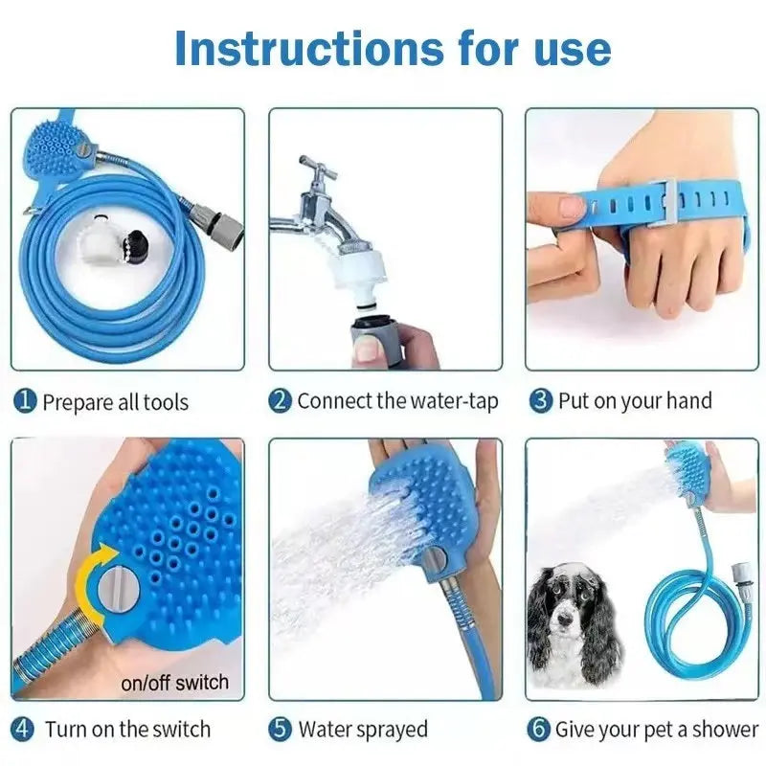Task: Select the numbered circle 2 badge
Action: [281, 400]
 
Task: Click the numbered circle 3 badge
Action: [541, 400]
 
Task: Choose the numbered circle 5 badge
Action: [281, 729]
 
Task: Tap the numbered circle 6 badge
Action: [541, 729]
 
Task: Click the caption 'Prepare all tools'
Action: [115, 402]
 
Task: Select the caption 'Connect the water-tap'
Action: [397, 400]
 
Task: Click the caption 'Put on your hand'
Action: [635, 400]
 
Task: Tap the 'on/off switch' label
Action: [175, 683]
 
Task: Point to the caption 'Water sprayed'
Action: [363, 729]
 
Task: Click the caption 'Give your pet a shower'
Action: [657, 729]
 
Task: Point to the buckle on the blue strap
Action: [667, 202]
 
